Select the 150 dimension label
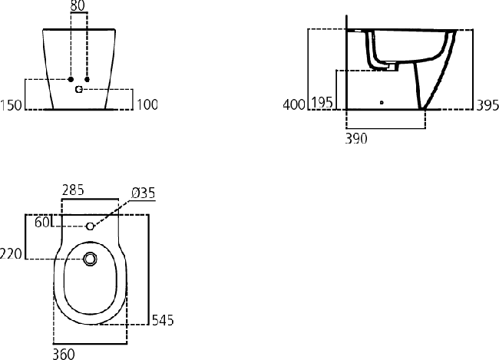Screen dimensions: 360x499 pyautogui.click(x=12, y=105)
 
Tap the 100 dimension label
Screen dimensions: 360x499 pyautogui.click(x=147, y=105)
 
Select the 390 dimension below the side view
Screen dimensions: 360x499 pyautogui.click(x=357, y=139)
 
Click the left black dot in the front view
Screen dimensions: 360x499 pyautogui.click(x=70, y=80)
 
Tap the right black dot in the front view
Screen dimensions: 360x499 pyautogui.click(x=88, y=80)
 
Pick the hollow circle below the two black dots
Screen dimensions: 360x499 pyautogui.click(x=78, y=90)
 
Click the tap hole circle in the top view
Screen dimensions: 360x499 pyautogui.click(x=90, y=226)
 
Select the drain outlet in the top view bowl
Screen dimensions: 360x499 pyautogui.click(x=91, y=259)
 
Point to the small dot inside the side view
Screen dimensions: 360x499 pyautogui.click(x=382, y=101)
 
